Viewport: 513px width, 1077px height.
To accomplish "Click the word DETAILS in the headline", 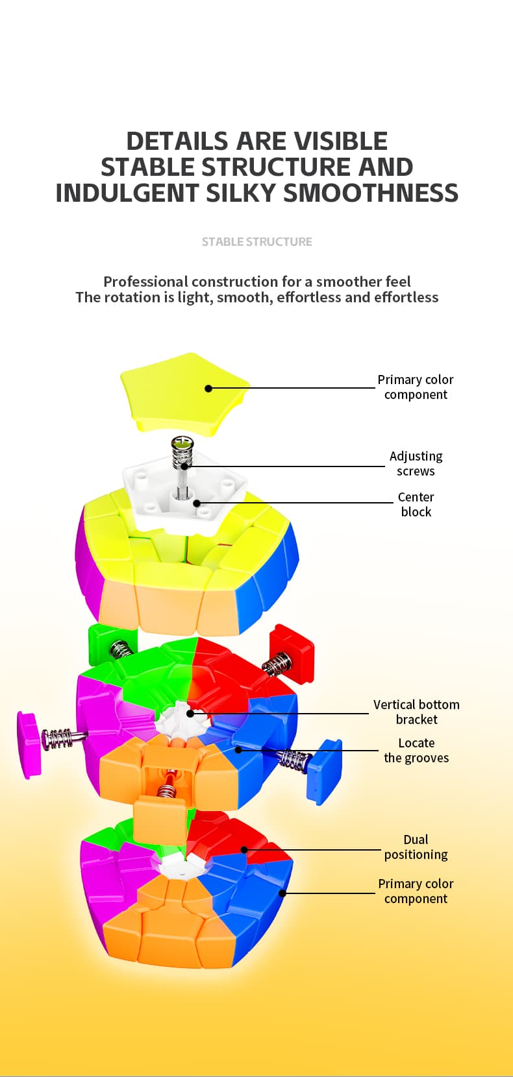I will click(177, 141).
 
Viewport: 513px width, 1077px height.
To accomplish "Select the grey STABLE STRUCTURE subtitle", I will click(256, 242).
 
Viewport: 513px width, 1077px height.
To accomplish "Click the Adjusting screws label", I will click(416, 463).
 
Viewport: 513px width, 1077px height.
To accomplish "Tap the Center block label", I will click(416, 504).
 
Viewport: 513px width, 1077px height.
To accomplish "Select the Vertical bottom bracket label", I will click(416, 712).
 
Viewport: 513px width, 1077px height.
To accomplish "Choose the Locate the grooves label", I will click(416, 750).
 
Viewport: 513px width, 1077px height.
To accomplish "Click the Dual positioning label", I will click(416, 847).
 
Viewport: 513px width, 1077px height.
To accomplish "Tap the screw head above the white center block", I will click(182, 444).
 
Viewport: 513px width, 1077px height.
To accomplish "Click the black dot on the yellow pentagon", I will click(208, 389).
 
